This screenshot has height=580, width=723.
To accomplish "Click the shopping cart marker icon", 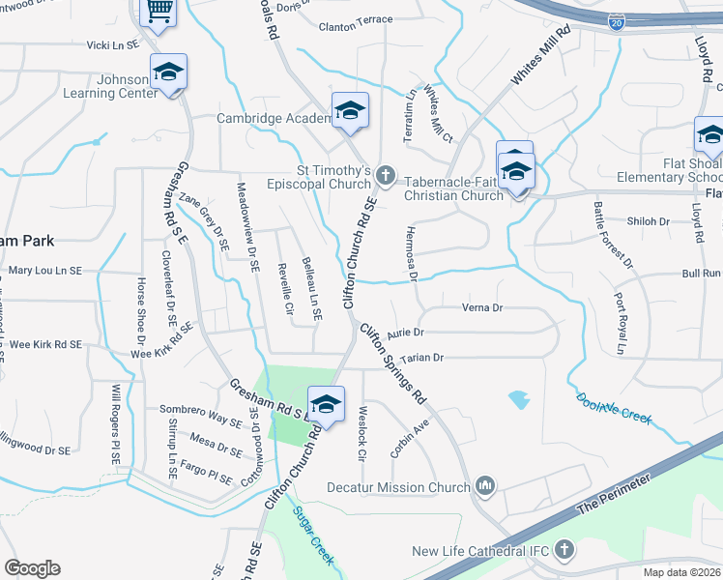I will pos(158,12).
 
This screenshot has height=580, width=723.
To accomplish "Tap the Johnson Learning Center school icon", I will pos(168,73).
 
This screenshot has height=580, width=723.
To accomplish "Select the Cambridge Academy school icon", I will pos(350,112).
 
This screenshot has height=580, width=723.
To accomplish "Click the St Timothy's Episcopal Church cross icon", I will pos(386,175).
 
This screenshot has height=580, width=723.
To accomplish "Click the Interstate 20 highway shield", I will pos(617,20).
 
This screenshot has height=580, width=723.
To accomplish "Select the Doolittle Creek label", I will pos(614,410).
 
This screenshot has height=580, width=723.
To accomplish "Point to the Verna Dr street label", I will pos(484,308).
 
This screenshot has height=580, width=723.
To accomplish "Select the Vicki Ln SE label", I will pos(113,44).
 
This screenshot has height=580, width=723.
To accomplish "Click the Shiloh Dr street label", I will pos(649,221).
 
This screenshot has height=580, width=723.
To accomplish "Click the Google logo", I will pos(32,568).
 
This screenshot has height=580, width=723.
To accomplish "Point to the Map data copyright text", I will pos(681,572).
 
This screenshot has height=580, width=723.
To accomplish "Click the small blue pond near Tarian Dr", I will pos(519,398).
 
